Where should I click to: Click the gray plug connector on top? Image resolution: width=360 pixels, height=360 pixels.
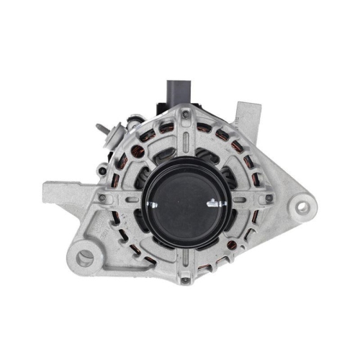[x=178, y=92]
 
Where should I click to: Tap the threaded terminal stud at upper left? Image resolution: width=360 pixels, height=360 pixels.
[x=102, y=130]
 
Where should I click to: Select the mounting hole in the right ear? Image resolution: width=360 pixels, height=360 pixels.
[x=302, y=207]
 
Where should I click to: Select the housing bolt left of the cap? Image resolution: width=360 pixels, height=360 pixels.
[x=103, y=197]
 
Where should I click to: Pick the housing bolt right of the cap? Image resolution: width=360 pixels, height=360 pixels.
[x=269, y=198]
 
